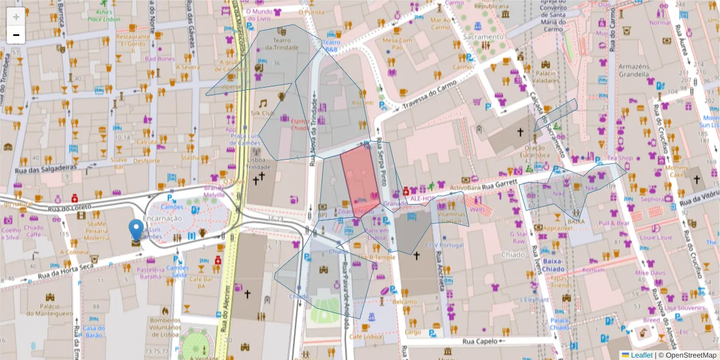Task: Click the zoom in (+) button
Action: pyautogui.click(x=16, y=16)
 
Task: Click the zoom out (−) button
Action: pyautogui.click(x=16, y=35)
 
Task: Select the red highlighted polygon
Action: pyautogui.click(x=360, y=180)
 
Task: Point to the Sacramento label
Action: pyautogui.click(x=483, y=37)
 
